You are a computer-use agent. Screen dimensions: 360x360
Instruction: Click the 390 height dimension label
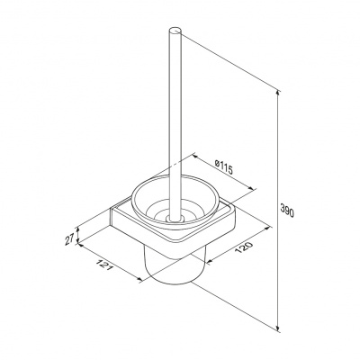(x=288, y=210)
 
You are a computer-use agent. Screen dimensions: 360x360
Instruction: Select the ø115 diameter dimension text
(x=223, y=167)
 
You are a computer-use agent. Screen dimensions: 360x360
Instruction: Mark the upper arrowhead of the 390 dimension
(x=279, y=93)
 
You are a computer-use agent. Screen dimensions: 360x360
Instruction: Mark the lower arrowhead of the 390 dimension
(x=279, y=328)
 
